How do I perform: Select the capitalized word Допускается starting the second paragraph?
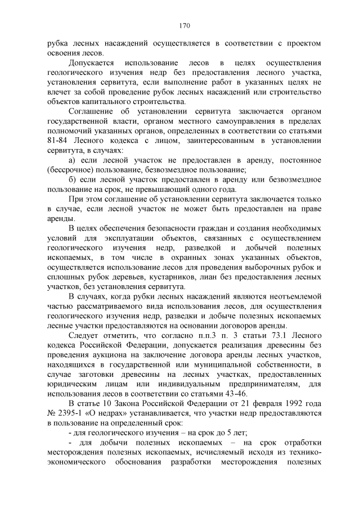click(x=91, y=62)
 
